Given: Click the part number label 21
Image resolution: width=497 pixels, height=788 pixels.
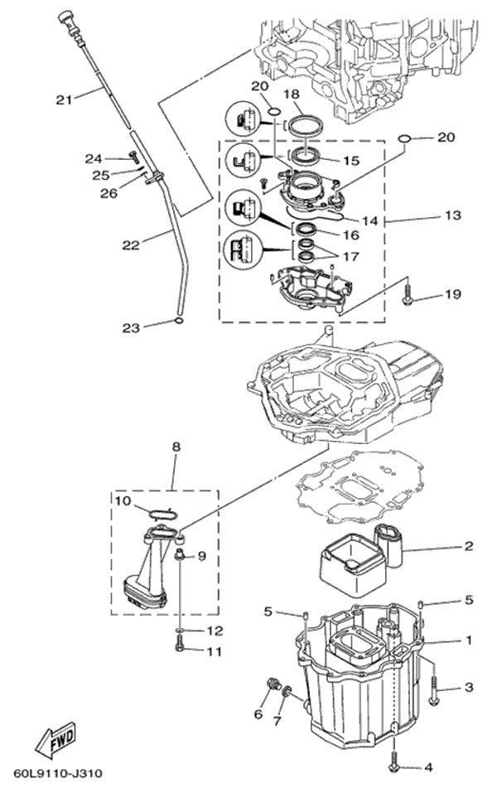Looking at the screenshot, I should point(65,99).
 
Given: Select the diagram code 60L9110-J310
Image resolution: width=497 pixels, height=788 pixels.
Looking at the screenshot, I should point(54,773).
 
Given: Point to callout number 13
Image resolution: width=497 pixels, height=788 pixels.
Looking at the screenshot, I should point(452,215).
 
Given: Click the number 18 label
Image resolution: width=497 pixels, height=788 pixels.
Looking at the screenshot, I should point(291,94).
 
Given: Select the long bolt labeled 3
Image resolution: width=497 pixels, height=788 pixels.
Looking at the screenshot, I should point(433,689).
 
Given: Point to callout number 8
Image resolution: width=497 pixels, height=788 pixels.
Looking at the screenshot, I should point(175,447).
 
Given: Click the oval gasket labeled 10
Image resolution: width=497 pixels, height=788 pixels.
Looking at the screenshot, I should point(162,514).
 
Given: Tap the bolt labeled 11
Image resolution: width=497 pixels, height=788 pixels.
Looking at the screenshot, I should point(181,650).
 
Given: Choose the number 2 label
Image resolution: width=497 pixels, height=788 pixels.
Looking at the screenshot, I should point(468,547).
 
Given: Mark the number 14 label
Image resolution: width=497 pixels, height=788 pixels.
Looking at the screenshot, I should point(369,220).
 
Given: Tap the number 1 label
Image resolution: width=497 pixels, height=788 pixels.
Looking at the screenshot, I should point(468,640).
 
